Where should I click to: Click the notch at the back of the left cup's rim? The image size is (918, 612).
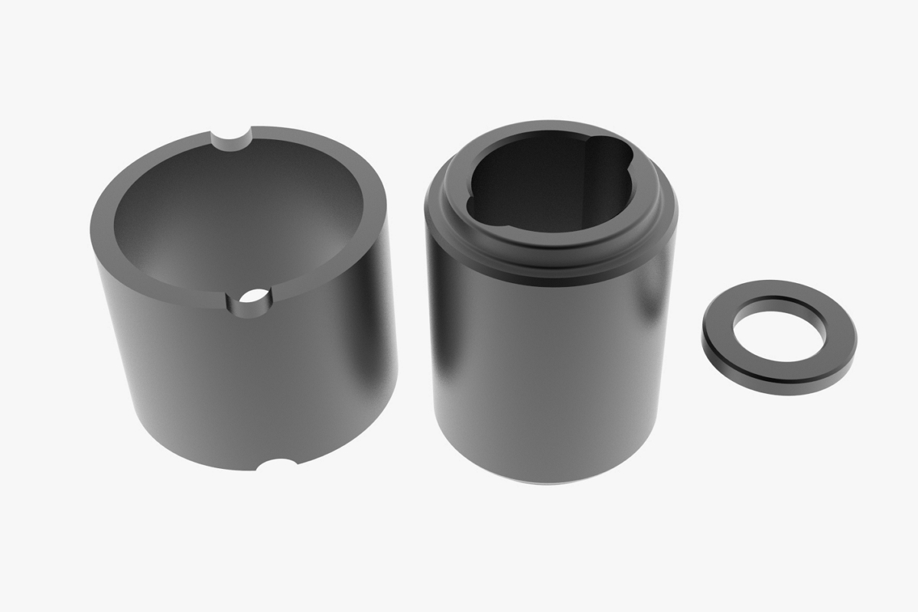[235, 139]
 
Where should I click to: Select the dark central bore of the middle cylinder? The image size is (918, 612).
[543, 191]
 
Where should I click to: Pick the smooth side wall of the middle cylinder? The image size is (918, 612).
[551, 367]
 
